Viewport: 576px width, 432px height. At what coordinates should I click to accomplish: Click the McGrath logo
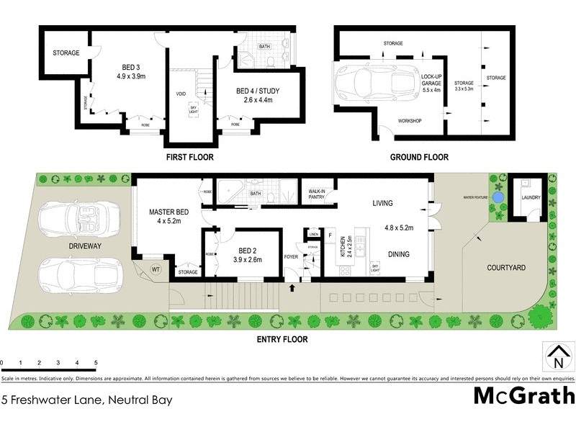524,395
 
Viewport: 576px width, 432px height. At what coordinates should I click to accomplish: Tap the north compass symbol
557,355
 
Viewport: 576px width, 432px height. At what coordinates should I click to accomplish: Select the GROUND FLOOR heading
419,157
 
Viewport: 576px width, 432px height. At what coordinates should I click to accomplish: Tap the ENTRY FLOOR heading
282,339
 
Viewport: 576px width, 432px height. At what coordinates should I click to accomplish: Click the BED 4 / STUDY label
258,91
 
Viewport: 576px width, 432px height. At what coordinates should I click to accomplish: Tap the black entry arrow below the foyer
292,288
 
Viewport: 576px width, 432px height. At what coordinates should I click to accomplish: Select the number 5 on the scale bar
95,363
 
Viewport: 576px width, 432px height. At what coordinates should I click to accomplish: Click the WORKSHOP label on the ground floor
410,120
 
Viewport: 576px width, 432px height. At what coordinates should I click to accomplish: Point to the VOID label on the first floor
181,94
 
